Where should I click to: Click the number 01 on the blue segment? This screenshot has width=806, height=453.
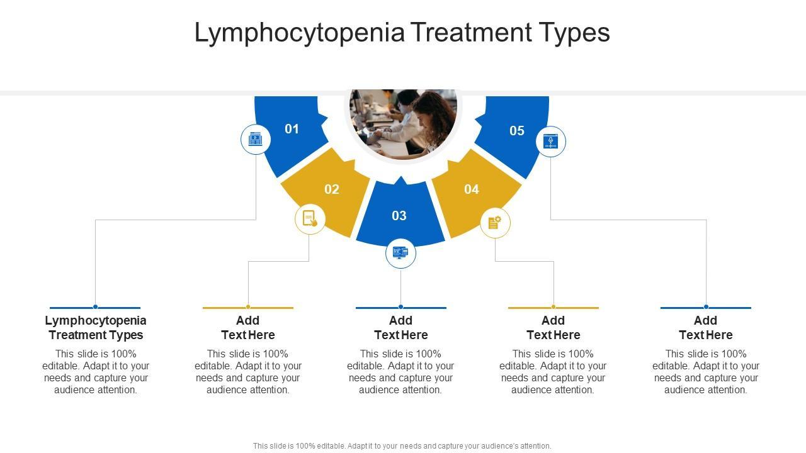click(x=292, y=129)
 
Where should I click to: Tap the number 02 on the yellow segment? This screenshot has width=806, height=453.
click(x=332, y=189)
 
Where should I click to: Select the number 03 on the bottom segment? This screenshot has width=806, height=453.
click(x=399, y=216)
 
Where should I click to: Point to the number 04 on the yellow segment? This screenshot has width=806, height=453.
click(x=472, y=189)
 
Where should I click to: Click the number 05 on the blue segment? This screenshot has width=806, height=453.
click(x=517, y=131)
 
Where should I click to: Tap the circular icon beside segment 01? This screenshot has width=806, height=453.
click(x=256, y=140)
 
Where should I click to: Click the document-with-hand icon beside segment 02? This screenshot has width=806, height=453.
click(x=310, y=219)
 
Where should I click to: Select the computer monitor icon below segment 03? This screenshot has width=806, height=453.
click(x=400, y=253)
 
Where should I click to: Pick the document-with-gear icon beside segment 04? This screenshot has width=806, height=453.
click(x=495, y=223)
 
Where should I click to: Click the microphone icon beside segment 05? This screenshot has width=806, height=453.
click(x=551, y=142)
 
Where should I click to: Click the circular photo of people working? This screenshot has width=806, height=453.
click(x=403, y=123)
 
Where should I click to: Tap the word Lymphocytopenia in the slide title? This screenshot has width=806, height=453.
click(x=299, y=33)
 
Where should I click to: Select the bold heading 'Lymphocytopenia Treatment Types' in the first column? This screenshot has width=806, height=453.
click(x=96, y=328)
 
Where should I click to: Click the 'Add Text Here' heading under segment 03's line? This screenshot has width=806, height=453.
click(x=401, y=328)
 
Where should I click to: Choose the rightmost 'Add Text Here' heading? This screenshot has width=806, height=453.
click(x=706, y=328)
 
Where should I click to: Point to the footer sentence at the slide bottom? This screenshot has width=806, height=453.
click(x=402, y=446)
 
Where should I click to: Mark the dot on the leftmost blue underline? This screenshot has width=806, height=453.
click(x=95, y=307)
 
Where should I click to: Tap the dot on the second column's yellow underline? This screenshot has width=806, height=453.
click(x=248, y=307)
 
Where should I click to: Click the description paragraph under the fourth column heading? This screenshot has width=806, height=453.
click(x=553, y=372)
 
